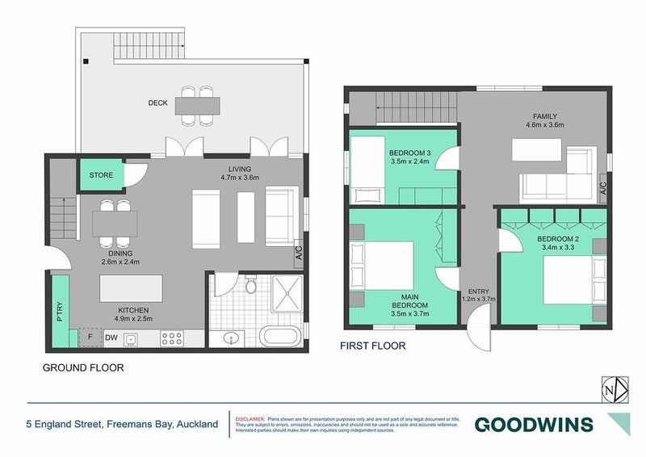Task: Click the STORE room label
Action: [x=101, y=174]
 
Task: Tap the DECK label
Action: [x=157, y=103]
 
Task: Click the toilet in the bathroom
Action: [x=251, y=287]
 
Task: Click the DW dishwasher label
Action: [x=110, y=338]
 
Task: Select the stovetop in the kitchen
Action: [x=171, y=339]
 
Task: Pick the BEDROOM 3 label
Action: [x=409, y=153]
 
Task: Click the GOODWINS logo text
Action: [x=533, y=424]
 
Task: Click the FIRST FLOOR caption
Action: [x=373, y=346]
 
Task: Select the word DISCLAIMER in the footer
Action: [x=250, y=420]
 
